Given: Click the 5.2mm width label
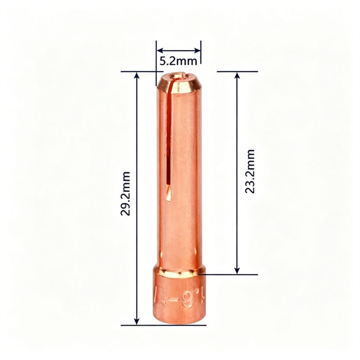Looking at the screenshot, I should (x=178, y=59).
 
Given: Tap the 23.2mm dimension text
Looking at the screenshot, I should (x=251, y=172).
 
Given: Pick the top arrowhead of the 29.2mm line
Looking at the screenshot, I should (x=137, y=75).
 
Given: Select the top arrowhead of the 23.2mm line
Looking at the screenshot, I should (x=237, y=75).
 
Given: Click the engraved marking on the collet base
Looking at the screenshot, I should (x=179, y=295).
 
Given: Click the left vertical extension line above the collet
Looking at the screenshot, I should (x=156, y=56).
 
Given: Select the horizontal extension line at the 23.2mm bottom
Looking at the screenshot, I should (x=231, y=274).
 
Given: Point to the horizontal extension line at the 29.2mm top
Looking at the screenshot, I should (x=138, y=71).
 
